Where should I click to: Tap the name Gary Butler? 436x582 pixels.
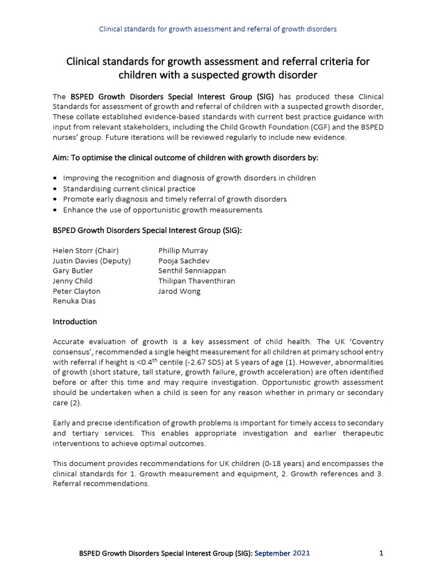(x=73, y=271)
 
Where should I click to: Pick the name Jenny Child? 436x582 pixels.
(x=73, y=281)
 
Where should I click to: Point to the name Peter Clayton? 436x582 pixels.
(x=77, y=291)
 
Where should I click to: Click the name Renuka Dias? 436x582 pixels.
(x=74, y=301)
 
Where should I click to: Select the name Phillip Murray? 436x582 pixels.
(x=183, y=250)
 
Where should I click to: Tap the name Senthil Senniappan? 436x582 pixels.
(x=192, y=271)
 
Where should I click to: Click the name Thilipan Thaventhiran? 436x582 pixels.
(x=196, y=281)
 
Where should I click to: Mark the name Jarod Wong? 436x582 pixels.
(x=179, y=291)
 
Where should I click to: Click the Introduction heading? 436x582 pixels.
(x=75, y=322)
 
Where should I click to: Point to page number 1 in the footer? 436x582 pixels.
(x=381, y=553)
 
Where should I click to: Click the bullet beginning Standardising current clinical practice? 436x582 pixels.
(x=129, y=189)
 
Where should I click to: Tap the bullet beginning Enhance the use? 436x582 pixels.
(x=162, y=209)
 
